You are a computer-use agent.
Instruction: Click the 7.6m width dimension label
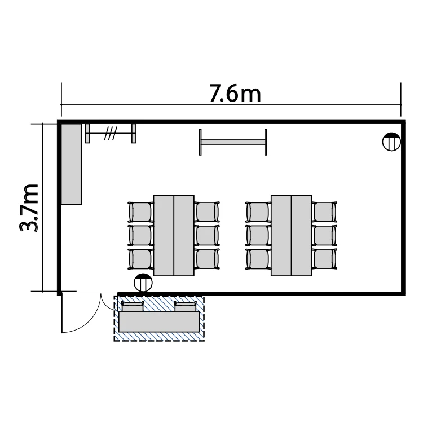pos(235,94)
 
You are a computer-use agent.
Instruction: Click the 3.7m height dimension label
pos(29,208)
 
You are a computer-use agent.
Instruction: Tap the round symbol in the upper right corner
pos(391,142)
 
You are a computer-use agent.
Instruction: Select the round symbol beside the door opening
pos(143,283)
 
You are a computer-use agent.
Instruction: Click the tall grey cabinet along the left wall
pos(71,164)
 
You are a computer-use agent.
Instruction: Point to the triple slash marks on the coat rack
pos(111,133)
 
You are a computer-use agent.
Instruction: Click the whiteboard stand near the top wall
pos(233,142)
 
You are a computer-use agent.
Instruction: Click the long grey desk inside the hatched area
pos(159,322)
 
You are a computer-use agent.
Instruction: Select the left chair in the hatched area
pos(132,307)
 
